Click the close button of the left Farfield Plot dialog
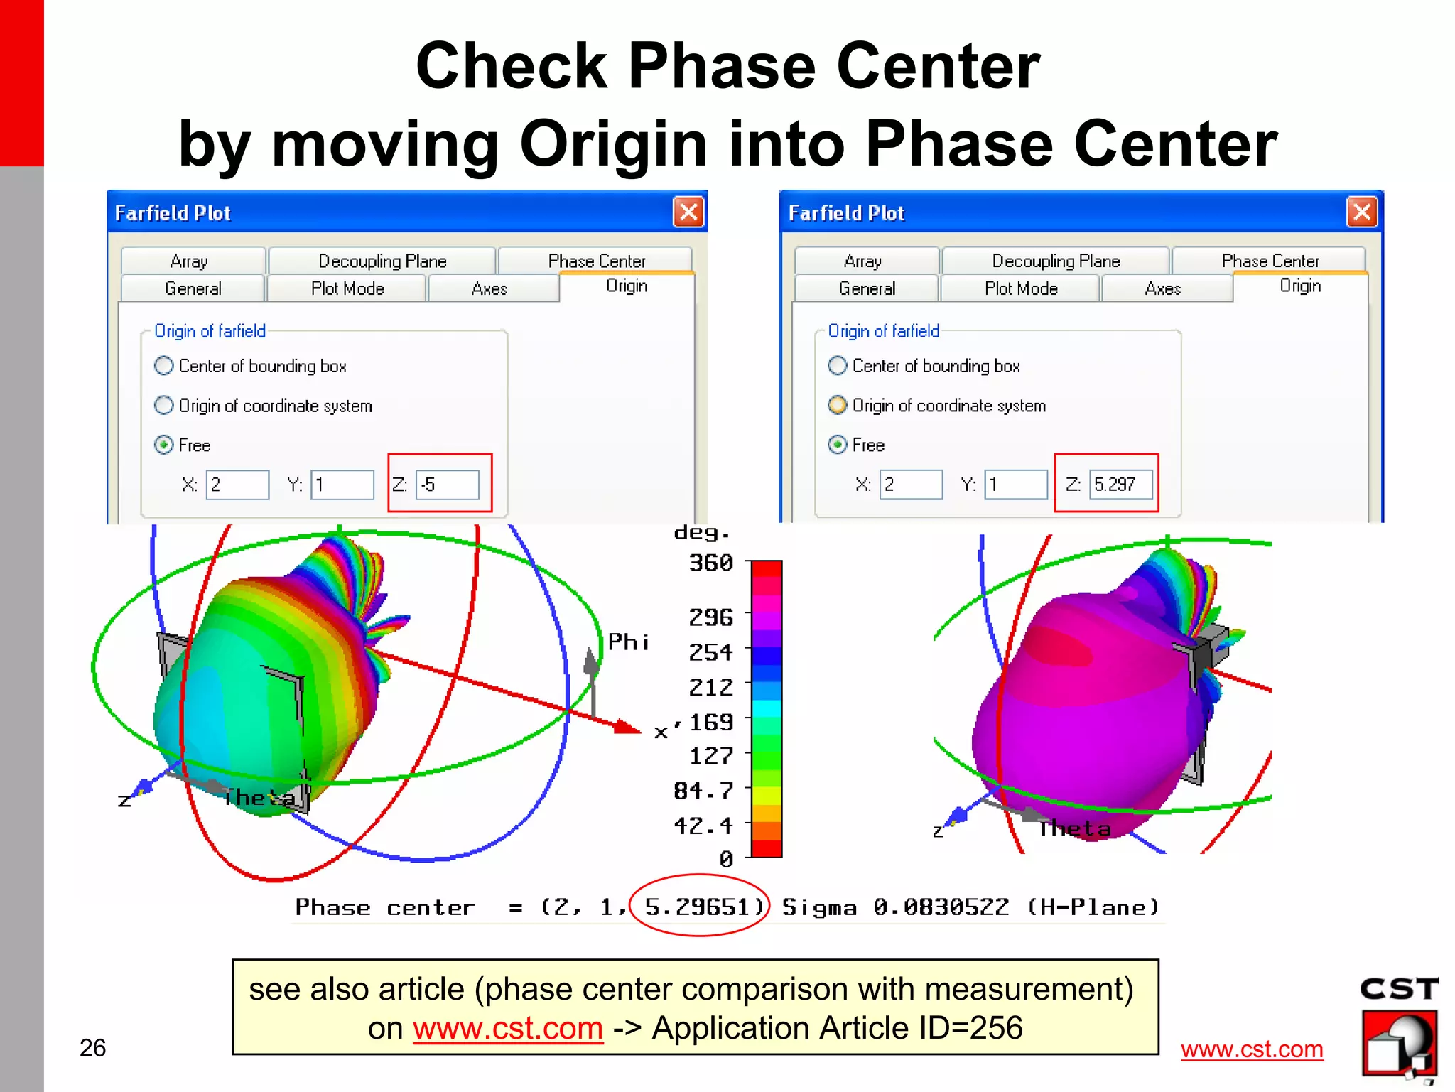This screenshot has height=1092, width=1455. pyautogui.click(x=688, y=212)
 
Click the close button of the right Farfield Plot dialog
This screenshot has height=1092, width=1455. pyautogui.click(x=1362, y=212)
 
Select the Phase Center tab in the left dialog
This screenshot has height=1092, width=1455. pyautogui.click(x=596, y=261)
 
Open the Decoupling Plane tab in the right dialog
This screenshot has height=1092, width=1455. pyautogui.click(x=1056, y=261)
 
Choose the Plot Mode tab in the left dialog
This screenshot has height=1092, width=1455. pyautogui.click(x=347, y=288)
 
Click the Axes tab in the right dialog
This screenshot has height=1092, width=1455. pyautogui.click(x=1162, y=288)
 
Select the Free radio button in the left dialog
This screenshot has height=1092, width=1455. pyautogui.click(x=164, y=445)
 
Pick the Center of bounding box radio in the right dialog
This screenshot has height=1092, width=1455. pyautogui.click(x=838, y=366)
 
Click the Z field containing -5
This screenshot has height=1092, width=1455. pyautogui.click(x=447, y=485)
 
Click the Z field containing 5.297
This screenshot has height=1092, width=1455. pyautogui.click(x=1120, y=485)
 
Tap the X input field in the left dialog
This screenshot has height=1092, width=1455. pyautogui.click(x=237, y=485)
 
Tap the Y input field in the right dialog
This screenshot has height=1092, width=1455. pyautogui.click(x=1015, y=485)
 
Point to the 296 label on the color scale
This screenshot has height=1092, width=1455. pyautogui.click(x=710, y=617)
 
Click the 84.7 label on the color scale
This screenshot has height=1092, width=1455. pyautogui.click(x=703, y=790)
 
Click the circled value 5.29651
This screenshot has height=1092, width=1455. pyautogui.click(x=698, y=907)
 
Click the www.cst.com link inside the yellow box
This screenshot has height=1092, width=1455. pyautogui.click(x=508, y=1028)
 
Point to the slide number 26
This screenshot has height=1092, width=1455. pyautogui.click(x=92, y=1047)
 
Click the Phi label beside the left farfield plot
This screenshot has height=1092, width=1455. pyautogui.click(x=628, y=642)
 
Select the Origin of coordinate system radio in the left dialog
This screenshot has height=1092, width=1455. pyautogui.click(x=164, y=406)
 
